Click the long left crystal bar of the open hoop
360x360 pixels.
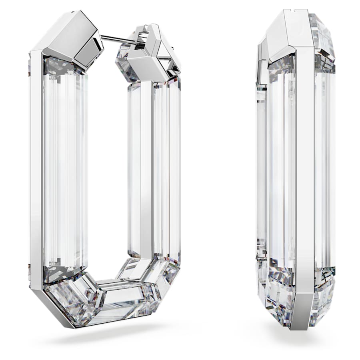[64, 168]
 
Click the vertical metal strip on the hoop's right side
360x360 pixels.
[146, 168]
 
